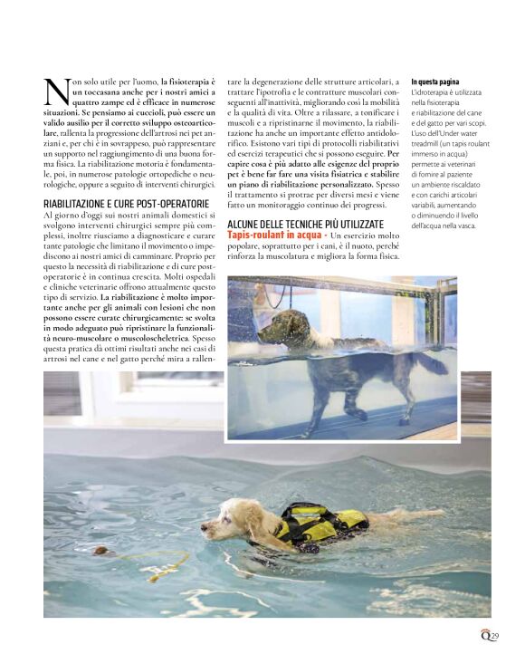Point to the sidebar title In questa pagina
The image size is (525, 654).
(435, 82)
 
